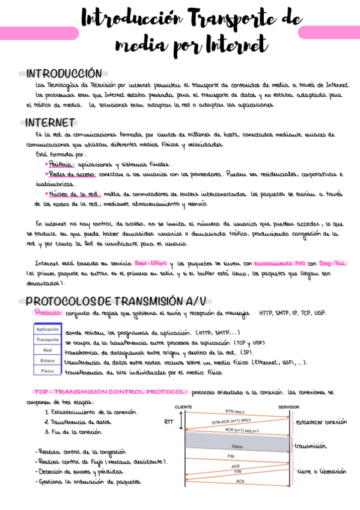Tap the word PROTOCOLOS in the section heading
(61, 300)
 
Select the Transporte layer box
(47, 340)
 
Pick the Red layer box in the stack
(47, 350)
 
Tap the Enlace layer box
(47, 361)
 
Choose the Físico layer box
(47, 371)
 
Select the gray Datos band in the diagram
(237, 446)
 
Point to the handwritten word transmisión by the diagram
(311, 446)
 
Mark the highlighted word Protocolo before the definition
(45, 313)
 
